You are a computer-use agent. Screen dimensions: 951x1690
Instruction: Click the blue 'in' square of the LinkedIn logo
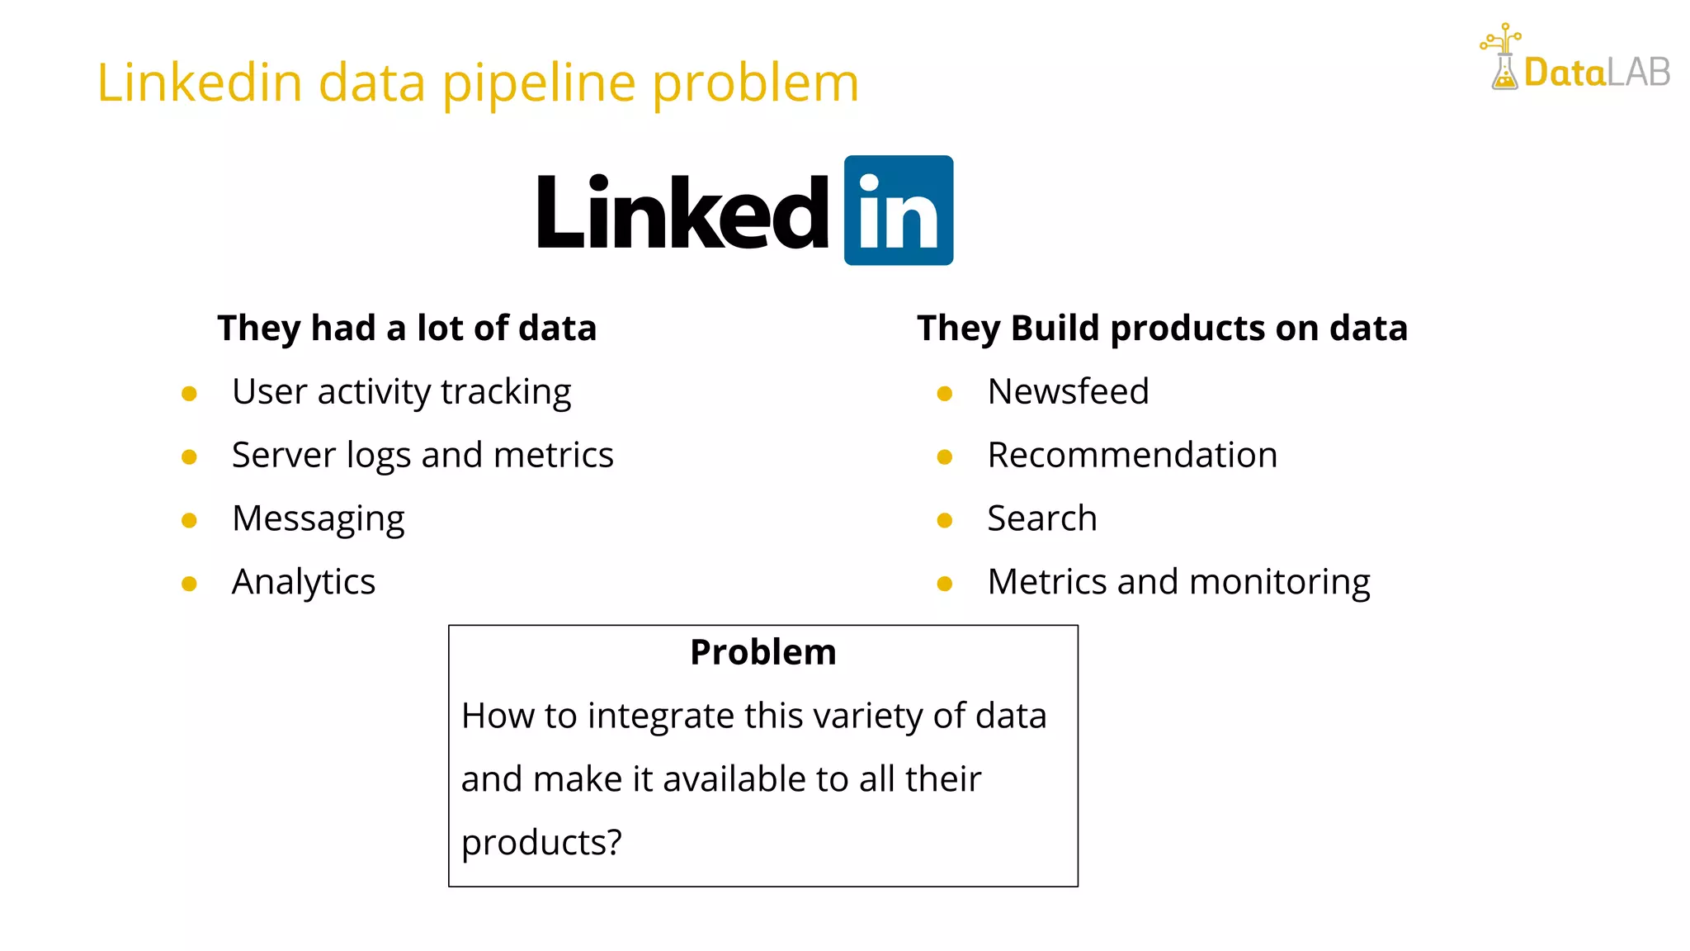click(x=898, y=211)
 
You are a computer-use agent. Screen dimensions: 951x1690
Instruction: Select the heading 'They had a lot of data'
click(x=407, y=328)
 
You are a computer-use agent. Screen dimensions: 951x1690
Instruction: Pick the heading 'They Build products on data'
click(x=1162, y=328)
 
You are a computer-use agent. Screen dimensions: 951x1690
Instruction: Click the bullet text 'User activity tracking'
click(x=401, y=391)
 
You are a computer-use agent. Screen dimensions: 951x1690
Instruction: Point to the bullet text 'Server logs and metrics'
click(x=422, y=455)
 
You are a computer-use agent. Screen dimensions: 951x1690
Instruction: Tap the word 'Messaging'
click(x=319, y=518)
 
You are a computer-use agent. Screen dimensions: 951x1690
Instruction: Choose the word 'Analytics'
click(x=304, y=582)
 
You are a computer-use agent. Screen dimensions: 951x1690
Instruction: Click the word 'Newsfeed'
click(x=1068, y=391)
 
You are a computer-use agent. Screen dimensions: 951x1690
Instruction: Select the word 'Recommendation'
click(x=1132, y=455)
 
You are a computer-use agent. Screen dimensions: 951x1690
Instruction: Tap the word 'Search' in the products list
click(x=1042, y=518)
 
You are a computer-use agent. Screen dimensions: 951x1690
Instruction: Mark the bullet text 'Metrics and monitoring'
click(x=1178, y=582)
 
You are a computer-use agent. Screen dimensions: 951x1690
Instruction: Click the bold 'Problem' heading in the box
click(x=763, y=652)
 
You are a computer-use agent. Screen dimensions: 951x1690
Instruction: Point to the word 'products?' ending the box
click(x=541, y=843)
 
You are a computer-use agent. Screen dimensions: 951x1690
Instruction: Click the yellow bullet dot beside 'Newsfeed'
click(x=945, y=394)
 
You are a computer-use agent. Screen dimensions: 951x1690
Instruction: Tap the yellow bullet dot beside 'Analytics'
click(x=189, y=584)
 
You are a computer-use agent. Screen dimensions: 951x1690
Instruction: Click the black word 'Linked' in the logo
click(x=682, y=213)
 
